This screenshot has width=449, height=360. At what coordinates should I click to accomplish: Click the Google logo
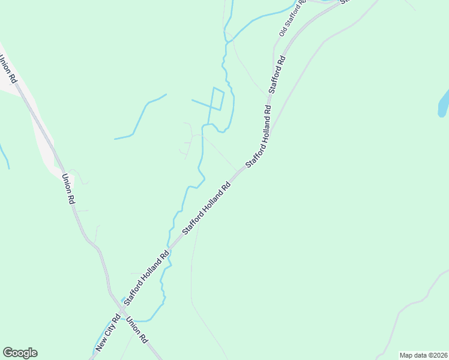click(x=20, y=353)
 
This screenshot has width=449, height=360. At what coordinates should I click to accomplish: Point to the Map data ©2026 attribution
click(x=423, y=355)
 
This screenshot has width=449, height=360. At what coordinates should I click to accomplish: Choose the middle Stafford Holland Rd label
click(x=206, y=208)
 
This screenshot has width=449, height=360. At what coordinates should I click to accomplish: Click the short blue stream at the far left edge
click(x=5, y=156)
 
